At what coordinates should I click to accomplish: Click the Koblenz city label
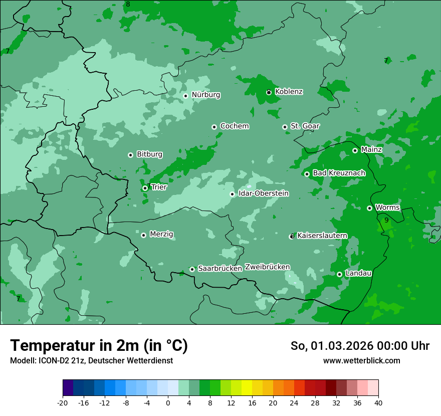point(289,92)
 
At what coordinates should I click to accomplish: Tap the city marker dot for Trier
point(145,188)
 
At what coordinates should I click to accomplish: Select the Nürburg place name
point(205,95)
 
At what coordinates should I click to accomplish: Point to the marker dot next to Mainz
point(355,150)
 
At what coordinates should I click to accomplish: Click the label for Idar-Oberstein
point(264,193)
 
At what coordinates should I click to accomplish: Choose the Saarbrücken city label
point(220,269)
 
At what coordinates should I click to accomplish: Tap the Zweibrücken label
point(267,267)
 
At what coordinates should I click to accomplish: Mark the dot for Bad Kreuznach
point(307,174)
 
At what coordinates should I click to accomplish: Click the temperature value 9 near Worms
point(386,220)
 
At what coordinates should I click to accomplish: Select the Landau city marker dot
point(339,274)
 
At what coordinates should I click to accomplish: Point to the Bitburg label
point(149,154)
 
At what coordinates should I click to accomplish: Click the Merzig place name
point(161,235)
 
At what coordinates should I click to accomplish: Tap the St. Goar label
point(305,126)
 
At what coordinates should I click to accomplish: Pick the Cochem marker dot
point(214,127)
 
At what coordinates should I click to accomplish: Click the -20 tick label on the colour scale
point(63,402)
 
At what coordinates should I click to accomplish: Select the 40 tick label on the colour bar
point(378,402)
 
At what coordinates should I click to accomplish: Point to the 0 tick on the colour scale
point(168,402)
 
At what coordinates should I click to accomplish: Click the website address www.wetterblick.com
point(361,361)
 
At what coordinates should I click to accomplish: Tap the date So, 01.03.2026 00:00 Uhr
point(360,346)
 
